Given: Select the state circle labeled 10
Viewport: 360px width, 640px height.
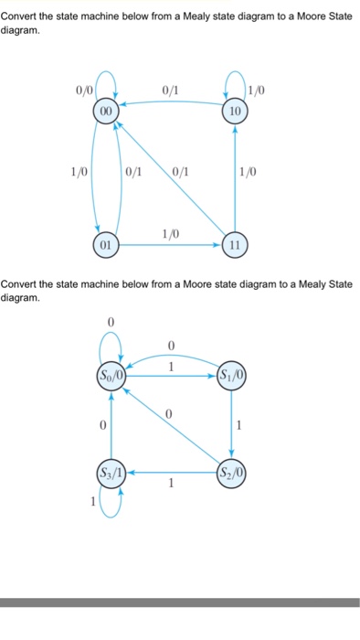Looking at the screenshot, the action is coord(235,111).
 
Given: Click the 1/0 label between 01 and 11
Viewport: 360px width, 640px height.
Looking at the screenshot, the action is coord(170,234).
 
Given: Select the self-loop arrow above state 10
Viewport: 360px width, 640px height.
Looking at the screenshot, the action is coord(235,83).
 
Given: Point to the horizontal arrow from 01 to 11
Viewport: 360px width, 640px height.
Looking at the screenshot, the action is coord(170,246).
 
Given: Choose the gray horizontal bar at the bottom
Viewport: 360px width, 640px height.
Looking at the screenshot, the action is coord(180,603).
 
